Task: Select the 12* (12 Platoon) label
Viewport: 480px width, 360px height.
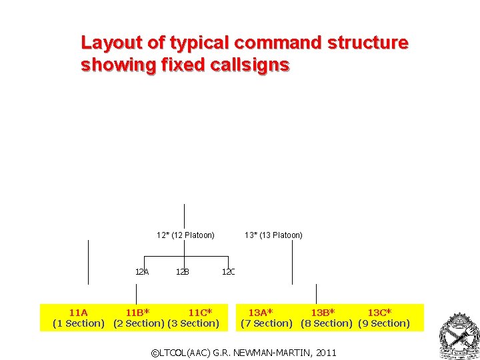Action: point(185,235)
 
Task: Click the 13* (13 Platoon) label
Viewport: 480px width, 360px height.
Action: point(273,235)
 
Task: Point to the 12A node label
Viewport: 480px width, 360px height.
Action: point(142,271)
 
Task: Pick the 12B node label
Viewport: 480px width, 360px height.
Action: point(183,271)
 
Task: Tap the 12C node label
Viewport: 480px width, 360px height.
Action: point(229,271)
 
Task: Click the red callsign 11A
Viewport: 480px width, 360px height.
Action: point(78,312)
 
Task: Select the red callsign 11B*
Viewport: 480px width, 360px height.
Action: point(137,312)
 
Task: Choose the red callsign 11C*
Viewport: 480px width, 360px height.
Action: point(200,312)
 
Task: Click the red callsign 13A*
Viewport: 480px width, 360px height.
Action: point(261,312)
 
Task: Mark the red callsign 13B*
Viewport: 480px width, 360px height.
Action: point(323,312)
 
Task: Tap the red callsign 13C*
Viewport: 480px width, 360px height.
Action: point(379,312)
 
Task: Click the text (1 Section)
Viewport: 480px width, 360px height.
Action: point(79,323)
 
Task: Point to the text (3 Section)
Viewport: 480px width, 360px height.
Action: point(193,323)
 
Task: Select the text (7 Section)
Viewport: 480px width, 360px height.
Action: point(267,323)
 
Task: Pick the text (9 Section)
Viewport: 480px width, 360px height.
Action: point(384,323)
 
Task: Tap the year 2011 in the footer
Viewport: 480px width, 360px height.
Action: point(326,352)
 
